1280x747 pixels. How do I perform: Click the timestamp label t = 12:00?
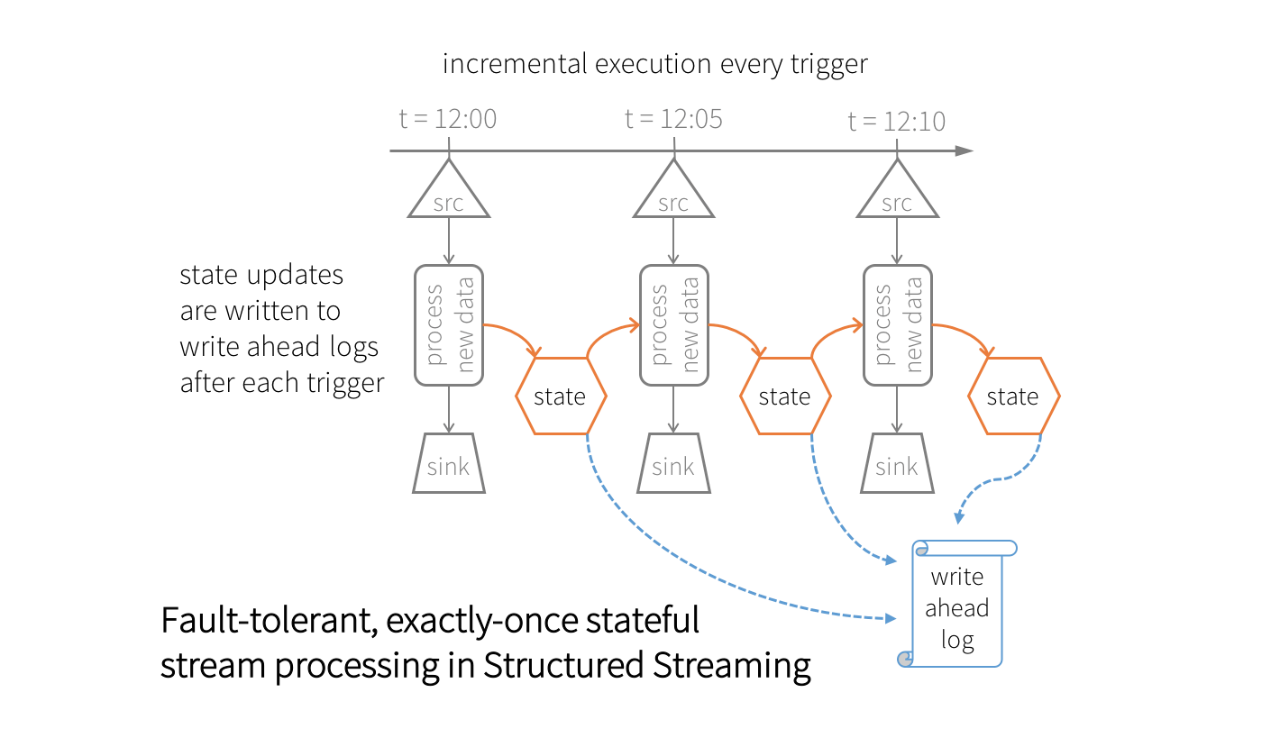(448, 119)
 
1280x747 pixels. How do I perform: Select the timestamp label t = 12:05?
(673, 119)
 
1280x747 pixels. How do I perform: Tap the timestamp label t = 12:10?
(897, 121)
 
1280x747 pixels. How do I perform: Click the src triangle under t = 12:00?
(448, 197)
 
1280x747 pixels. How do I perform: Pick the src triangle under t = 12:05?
(673, 197)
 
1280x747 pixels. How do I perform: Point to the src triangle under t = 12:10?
(897, 197)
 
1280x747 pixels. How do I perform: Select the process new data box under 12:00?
(449, 324)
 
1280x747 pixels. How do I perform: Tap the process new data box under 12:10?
(898, 324)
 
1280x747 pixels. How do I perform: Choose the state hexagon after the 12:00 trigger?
(561, 396)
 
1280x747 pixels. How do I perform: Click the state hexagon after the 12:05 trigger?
(785, 396)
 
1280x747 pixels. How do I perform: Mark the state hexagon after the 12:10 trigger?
(1013, 396)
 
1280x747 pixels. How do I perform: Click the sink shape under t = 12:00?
(448, 464)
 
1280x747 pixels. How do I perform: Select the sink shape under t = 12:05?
(673, 464)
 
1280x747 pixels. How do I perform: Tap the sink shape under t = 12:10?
(897, 464)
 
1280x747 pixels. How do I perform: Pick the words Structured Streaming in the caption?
(646, 666)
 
